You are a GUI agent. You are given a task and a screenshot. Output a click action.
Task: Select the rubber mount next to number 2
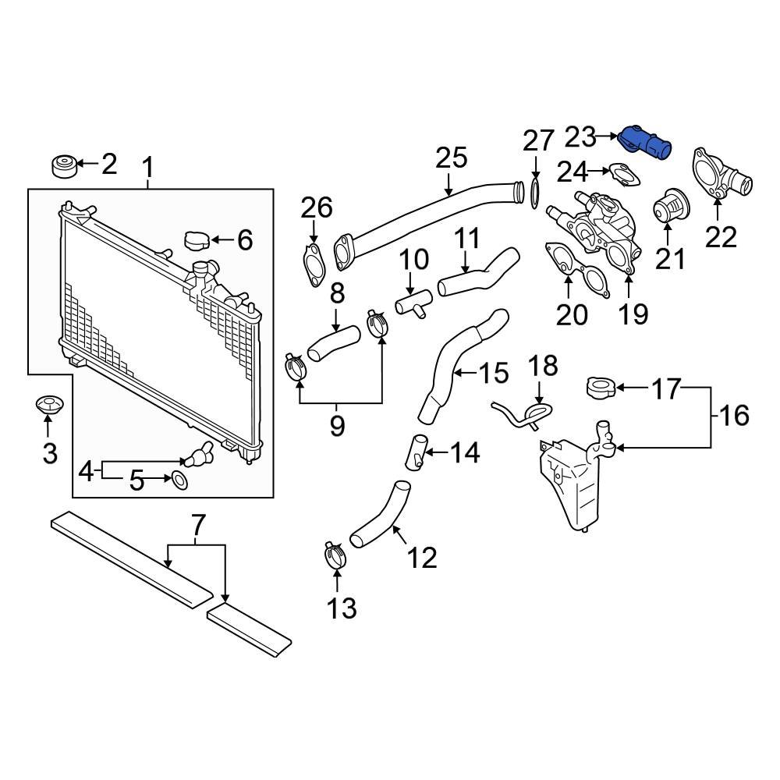click(62, 166)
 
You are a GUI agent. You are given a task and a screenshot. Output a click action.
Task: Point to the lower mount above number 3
click(48, 406)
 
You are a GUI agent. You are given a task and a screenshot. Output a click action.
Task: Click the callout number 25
click(451, 158)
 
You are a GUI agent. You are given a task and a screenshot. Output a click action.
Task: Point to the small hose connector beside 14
click(415, 452)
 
